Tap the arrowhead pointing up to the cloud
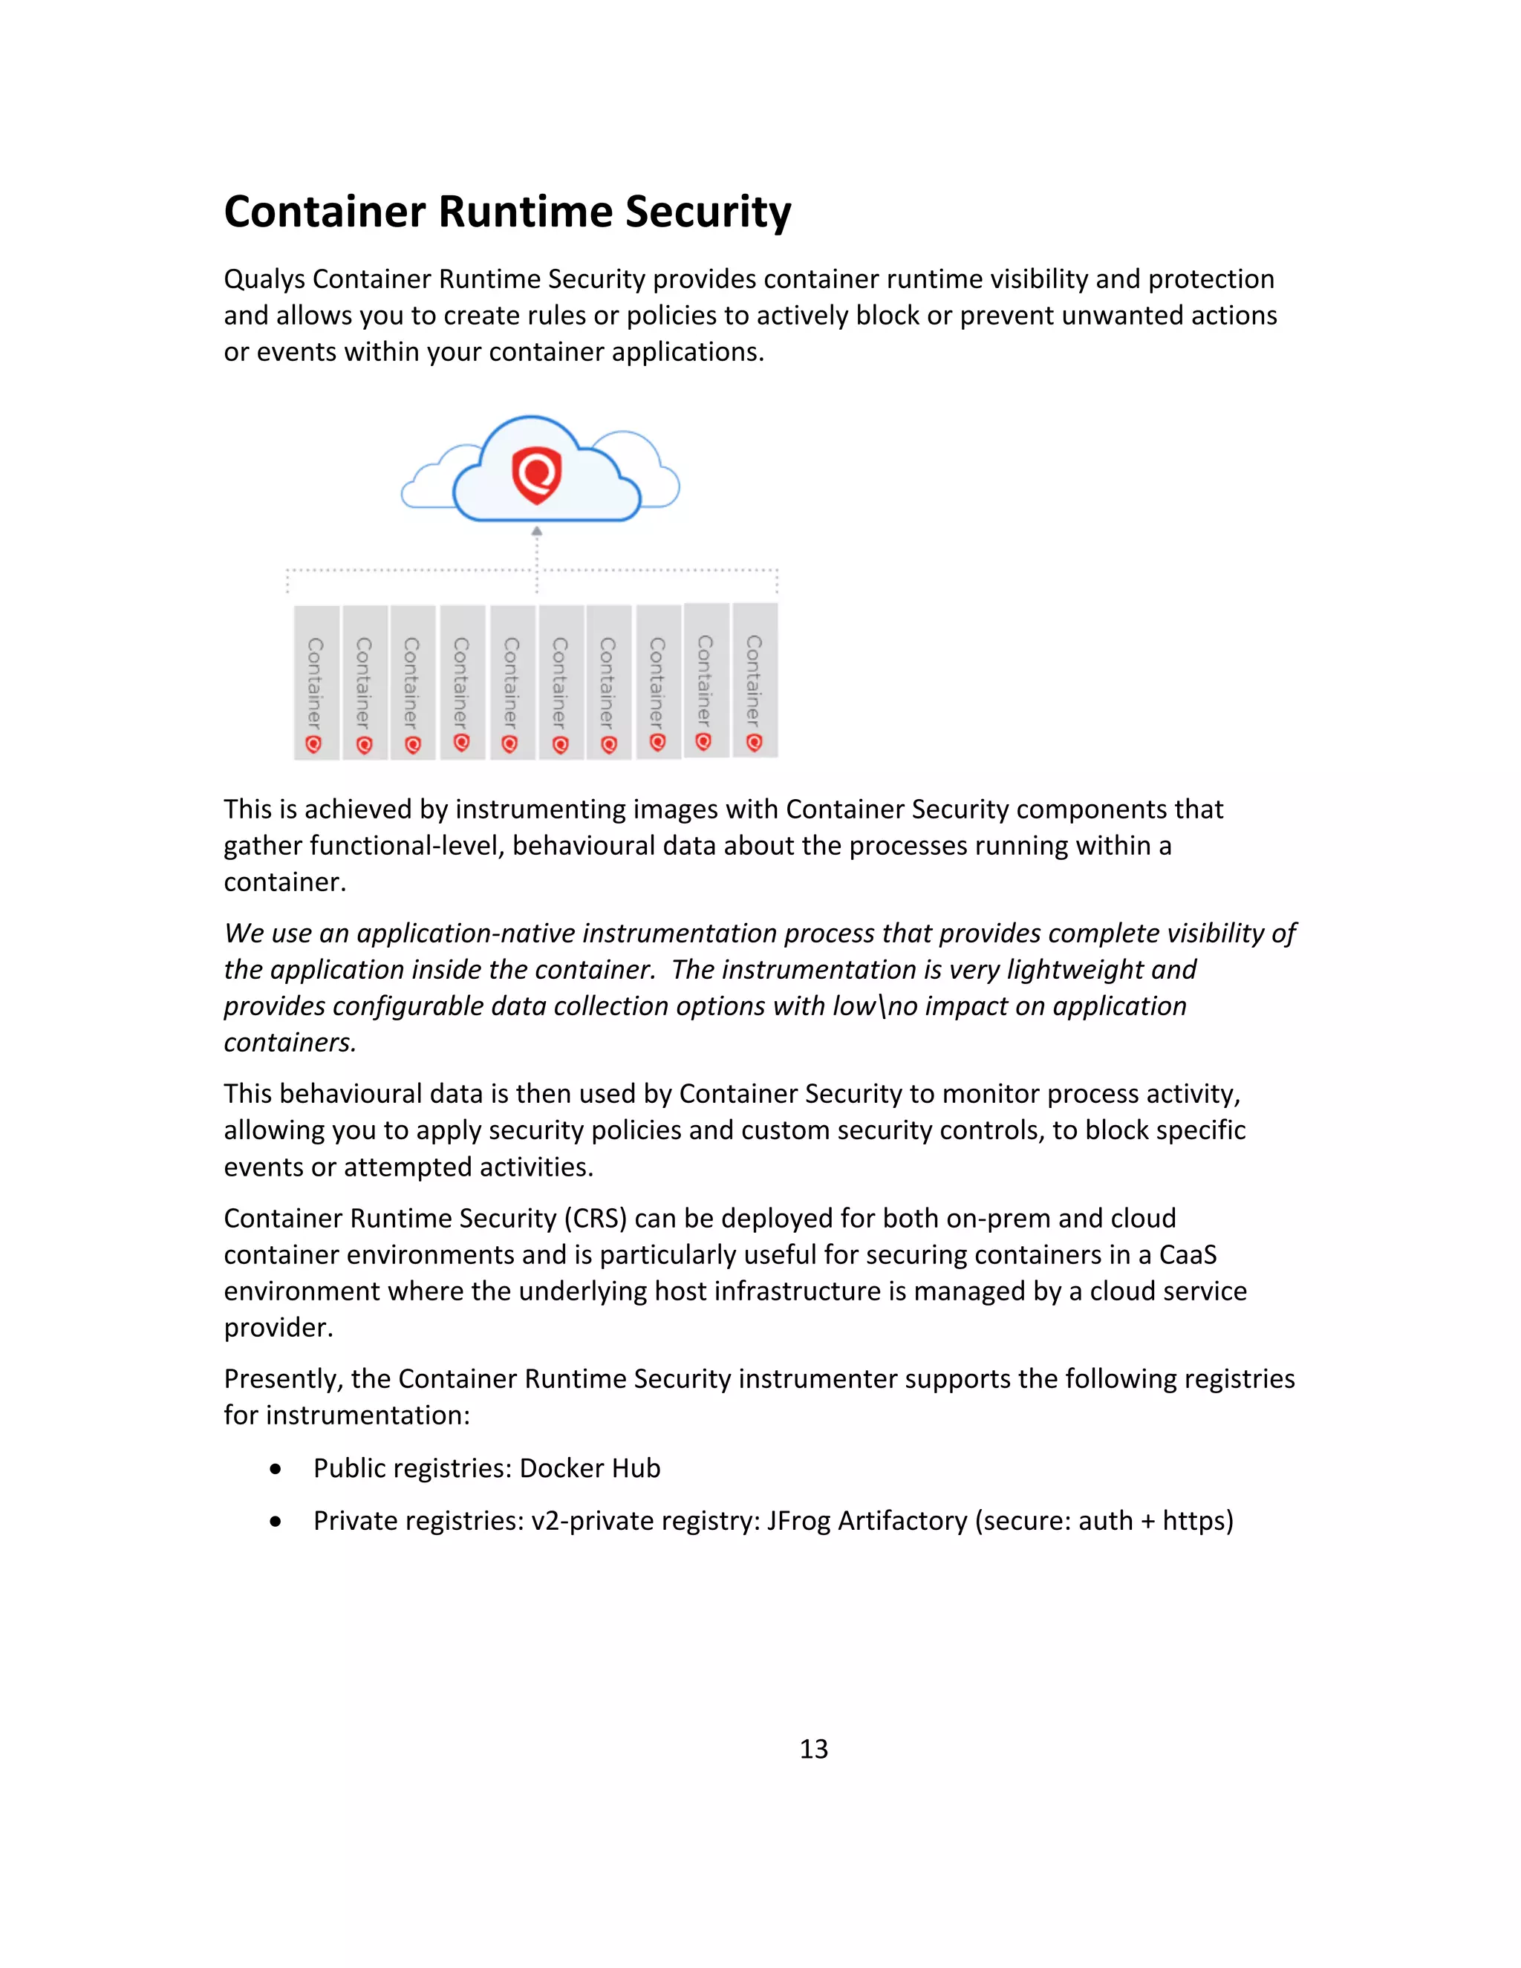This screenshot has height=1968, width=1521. (537, 532)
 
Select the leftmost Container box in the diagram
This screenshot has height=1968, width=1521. (316, 682)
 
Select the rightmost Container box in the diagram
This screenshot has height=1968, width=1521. (755, 680)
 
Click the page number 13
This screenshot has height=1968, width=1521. (814, 1749)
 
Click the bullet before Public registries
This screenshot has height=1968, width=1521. (276, 1469)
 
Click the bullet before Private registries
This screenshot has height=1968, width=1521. (276, 1521)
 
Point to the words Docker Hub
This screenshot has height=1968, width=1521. (590, 1469)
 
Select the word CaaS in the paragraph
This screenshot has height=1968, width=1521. (1188, 1255)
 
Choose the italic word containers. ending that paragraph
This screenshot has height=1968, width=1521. (290, 1043)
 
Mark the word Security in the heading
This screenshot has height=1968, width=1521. (709, 212)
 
